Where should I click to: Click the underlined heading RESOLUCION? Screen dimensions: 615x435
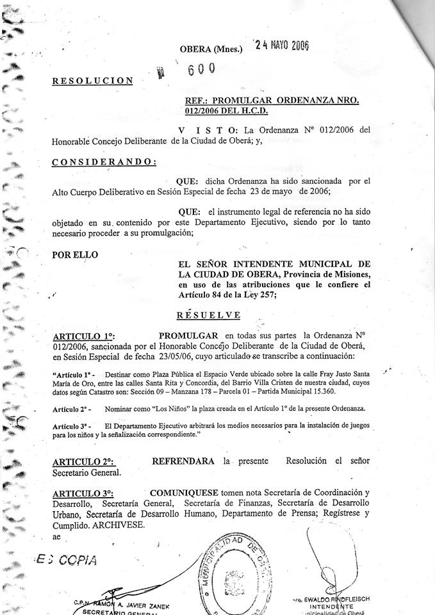pyautogui.click(x=92, y=81)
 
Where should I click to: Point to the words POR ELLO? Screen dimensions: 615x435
pyautogui.click(x=75, y=254)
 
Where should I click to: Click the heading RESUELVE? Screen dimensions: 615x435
pyautogui.click(x=209, y=315)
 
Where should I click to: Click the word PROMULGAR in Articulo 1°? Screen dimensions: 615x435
pyautogui.click(x=188, y=335)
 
